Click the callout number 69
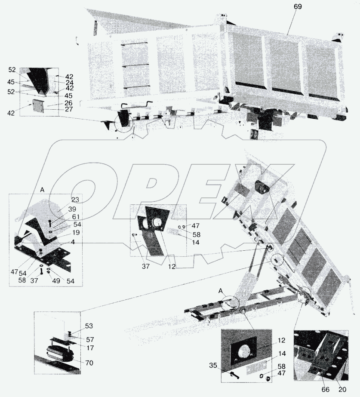pyautogui.click(x=298, y=6)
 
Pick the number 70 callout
pyautogui.click(x=89, y=363)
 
